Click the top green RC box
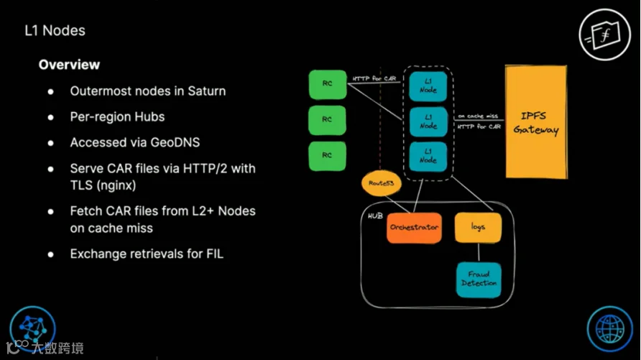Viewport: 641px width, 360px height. click(328, 85)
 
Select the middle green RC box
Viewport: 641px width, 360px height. click(327, 120)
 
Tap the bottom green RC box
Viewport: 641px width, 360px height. click(327, 156)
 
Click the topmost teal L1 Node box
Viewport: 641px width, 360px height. click(428, 86)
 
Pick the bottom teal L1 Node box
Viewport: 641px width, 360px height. click(428, 157)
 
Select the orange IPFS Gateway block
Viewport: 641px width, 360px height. click(536, 121)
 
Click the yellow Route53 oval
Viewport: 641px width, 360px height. click(381, 183)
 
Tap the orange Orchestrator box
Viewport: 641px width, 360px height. click(414, 228)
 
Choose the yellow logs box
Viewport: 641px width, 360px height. click(478, 227)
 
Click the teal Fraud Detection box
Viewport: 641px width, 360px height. click(479, 280)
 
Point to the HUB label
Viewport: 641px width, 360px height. click(375, 216)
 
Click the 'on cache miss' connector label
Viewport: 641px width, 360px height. click(478, 116)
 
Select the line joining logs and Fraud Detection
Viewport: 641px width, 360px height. click(479, 252)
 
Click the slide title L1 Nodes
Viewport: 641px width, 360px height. click(55, 31)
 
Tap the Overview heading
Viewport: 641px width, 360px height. click(69, 65)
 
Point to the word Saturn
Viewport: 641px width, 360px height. click(206, 91)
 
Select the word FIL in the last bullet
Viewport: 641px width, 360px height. click(215, 254)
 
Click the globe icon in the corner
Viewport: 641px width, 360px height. click(610, 329)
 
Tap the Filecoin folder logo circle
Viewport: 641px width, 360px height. click(604, 34)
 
